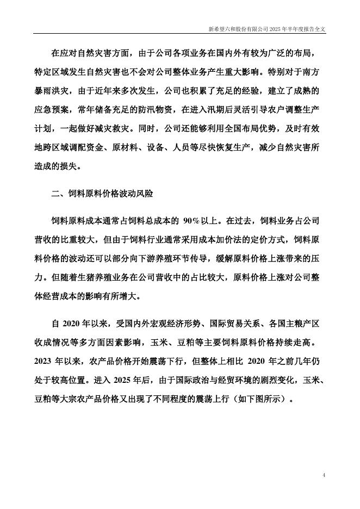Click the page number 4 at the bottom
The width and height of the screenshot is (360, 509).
coord(324,475)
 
